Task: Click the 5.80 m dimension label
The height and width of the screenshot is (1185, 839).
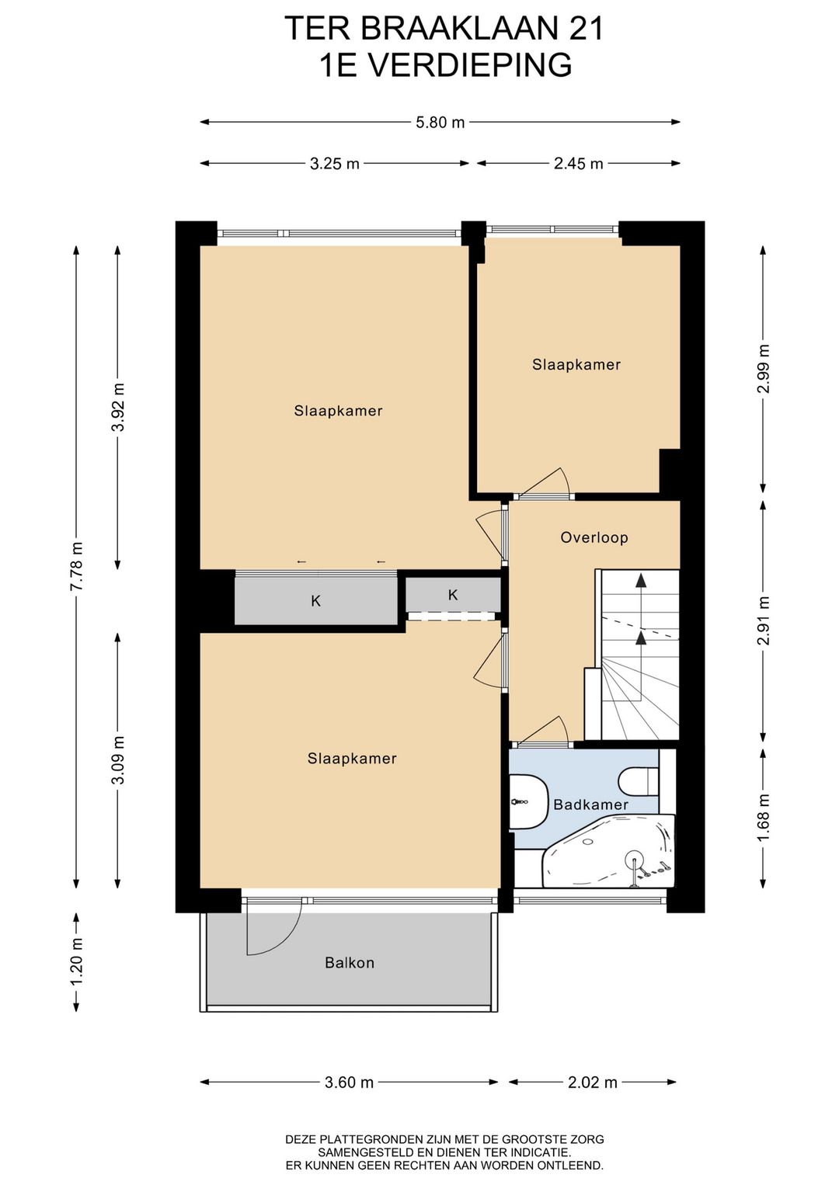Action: [x=440, y=123]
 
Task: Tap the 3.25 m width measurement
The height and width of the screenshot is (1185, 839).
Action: [x=335, y=164]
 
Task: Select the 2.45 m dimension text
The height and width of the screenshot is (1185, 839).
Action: [x=579, y=164]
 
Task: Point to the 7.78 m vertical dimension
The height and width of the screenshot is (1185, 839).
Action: [x=77, y=567]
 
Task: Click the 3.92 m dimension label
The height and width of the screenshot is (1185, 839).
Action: [x=118, y=408]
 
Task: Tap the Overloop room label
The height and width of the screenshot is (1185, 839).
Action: [x=594, y=538]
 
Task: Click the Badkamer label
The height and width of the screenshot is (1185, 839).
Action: [x=590, y=804]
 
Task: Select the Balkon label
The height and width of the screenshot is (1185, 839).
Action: [x=350, y=962]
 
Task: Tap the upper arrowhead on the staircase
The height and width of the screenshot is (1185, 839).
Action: [x=641, y=580]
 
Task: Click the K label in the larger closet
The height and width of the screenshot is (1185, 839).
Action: [x=316, y=601]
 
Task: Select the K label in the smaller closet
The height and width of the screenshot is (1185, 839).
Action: [x=453, y=595]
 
